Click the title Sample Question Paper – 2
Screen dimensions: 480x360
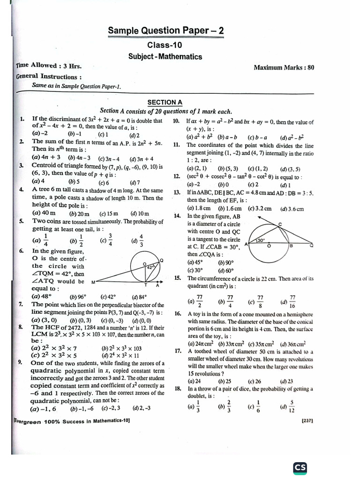click(x=165, y=31)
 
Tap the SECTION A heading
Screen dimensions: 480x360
click(x=165, y=102)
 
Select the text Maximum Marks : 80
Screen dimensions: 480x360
click(x=284, y=67)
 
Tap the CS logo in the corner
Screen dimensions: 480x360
click(x=300, y=467)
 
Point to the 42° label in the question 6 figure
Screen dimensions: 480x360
click(x=150, y=266)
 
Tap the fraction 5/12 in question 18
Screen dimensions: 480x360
click(x=292, y=405)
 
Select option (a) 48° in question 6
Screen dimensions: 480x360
click(x=41, y=296)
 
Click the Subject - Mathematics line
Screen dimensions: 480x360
click(x=165, y=56)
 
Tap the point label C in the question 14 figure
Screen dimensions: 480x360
click(x=280, y=225)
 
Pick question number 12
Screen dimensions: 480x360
click(x=177, y=176)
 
